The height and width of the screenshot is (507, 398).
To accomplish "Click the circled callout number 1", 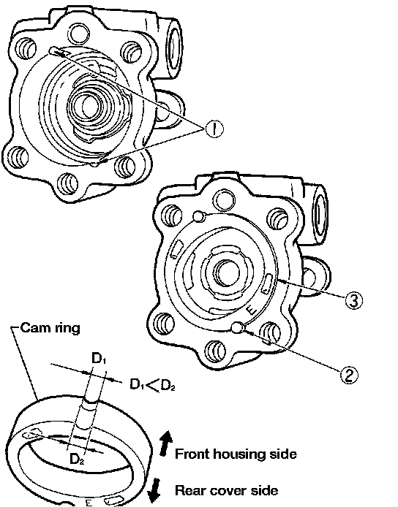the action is pyautogui.click(x=214, y=129).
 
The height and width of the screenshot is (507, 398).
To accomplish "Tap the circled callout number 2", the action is pyautogui.click(x=349, y=376).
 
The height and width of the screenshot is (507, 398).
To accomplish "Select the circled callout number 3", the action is pyautogui.click(x=353, y=300).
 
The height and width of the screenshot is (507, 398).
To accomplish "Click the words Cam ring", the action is pyautogui.click(x=50, y=328).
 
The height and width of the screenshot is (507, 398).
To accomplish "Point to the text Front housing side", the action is pyautogui.click(x=236, y=454).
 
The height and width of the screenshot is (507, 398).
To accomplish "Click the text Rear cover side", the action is pyautogui.click(x=226, y=490).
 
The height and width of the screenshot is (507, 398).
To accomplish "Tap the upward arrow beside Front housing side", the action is pyautogui.click(x=166, y=444).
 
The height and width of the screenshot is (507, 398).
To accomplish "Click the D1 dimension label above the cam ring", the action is pyautogui.click(x=99, y=359).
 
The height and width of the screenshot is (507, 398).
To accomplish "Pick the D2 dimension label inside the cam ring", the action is pyautogui.click(x=77, y=459).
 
